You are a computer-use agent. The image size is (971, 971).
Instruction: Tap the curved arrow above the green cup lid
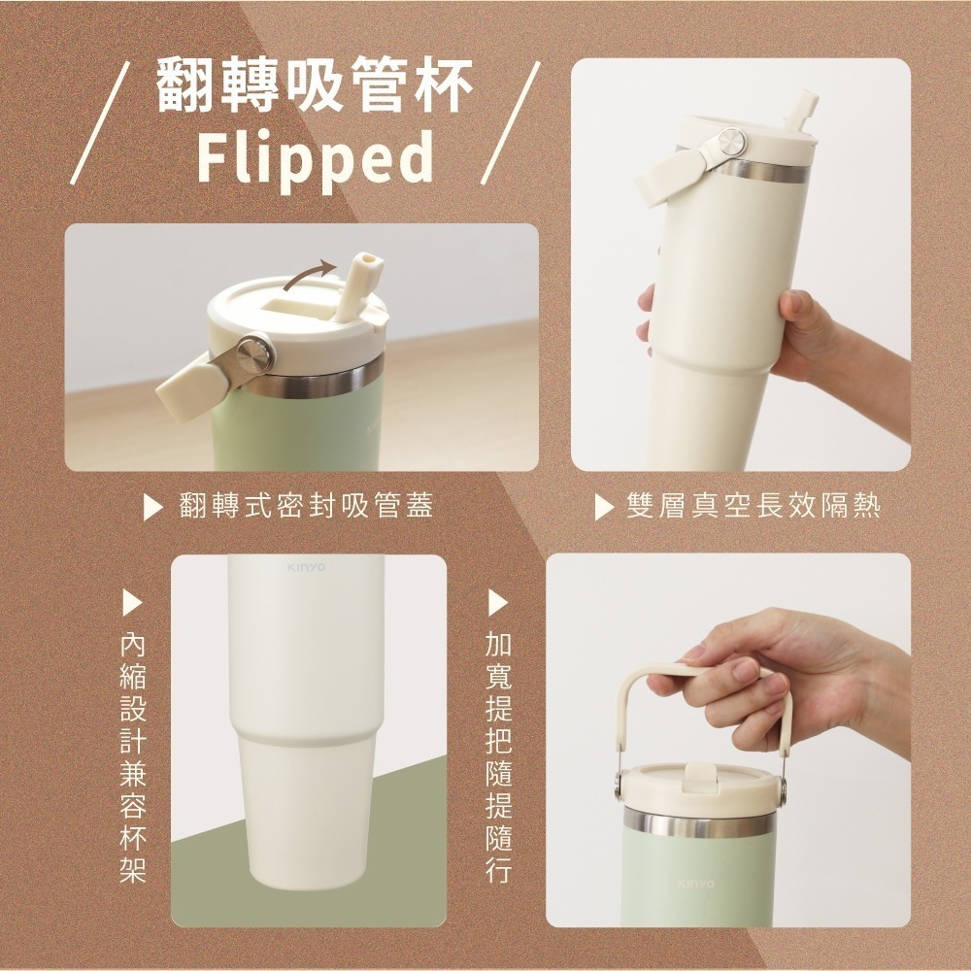[309, 275]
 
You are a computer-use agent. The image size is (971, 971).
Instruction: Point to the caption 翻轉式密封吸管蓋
[307, 505]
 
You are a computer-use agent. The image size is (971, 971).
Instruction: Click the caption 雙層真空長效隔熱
[753, 505]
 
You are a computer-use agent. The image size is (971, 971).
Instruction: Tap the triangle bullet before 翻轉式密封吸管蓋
[152, 507]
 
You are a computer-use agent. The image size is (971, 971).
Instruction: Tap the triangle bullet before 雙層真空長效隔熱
[604, 507]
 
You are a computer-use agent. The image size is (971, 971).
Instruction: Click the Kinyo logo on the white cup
[306, 567]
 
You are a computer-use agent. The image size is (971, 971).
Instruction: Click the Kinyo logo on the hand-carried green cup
[696, 884]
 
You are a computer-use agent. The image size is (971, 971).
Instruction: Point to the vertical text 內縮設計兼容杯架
[132, 758]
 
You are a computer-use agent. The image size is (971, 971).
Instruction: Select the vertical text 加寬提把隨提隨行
[498, 758]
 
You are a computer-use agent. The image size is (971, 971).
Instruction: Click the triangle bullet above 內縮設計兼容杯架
[132, 603]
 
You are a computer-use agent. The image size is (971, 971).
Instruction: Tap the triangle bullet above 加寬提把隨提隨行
[498, 603]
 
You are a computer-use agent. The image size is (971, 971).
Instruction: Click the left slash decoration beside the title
[100, 123]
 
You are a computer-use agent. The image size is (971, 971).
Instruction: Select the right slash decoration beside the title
[511, 123]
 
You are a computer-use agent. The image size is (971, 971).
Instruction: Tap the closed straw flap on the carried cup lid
[698, 777]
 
